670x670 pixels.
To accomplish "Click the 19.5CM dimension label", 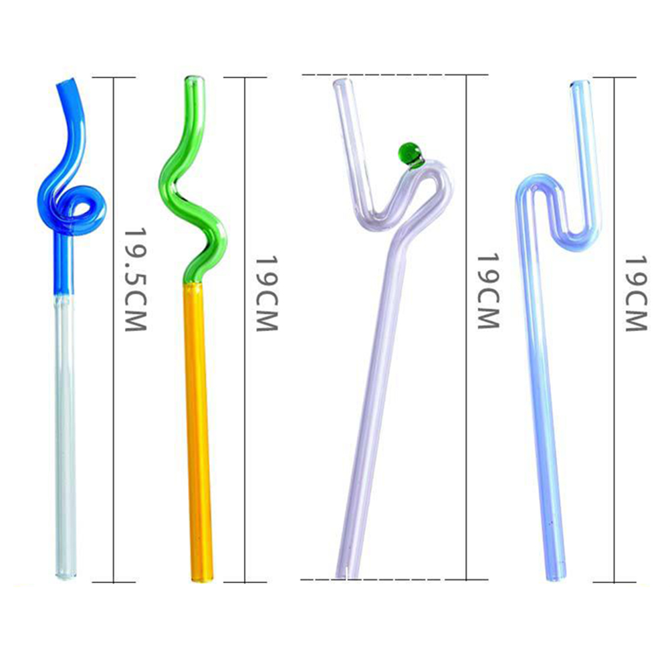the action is [x=136, y=280].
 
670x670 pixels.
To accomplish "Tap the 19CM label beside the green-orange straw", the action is [x=267, y=294].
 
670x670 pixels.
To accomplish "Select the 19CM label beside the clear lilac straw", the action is [x=488, y=292].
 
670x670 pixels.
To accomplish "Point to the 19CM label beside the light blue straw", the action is [x=637, y=294].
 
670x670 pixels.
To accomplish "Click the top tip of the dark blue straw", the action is [x=66, y=82].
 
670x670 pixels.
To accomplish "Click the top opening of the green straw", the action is [x=195, y=79].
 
